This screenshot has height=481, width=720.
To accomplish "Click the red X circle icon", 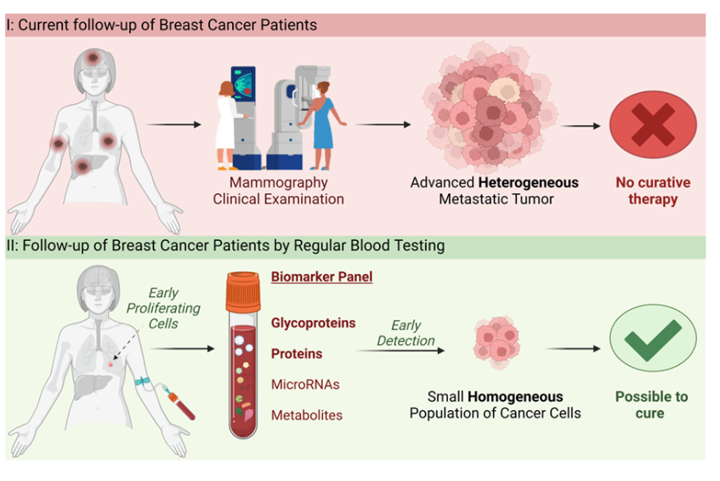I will (x=652, y=125).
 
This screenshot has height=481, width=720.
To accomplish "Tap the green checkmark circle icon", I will (x=652, y=339).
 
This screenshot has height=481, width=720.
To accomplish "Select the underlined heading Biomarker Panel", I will (x=321, y=277).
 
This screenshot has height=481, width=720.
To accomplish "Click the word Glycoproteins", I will (x=313, y=323).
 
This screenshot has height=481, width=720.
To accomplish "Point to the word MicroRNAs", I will (x=305, y=384).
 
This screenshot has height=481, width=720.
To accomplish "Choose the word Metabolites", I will (x=307, y=415).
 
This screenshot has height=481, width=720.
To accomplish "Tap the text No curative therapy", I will (x=652, y=191).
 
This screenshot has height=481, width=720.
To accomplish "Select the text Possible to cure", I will (x=651, y=405).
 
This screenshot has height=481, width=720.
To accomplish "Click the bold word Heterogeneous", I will (x=529, y=183).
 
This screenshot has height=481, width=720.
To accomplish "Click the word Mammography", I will (x=278, y=183).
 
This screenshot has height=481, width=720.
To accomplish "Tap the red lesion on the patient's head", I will (x=95, y=56).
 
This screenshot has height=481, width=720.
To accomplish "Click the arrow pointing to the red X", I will (x=580, y=125).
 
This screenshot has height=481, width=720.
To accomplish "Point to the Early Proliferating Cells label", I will (x=163, y=308).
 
